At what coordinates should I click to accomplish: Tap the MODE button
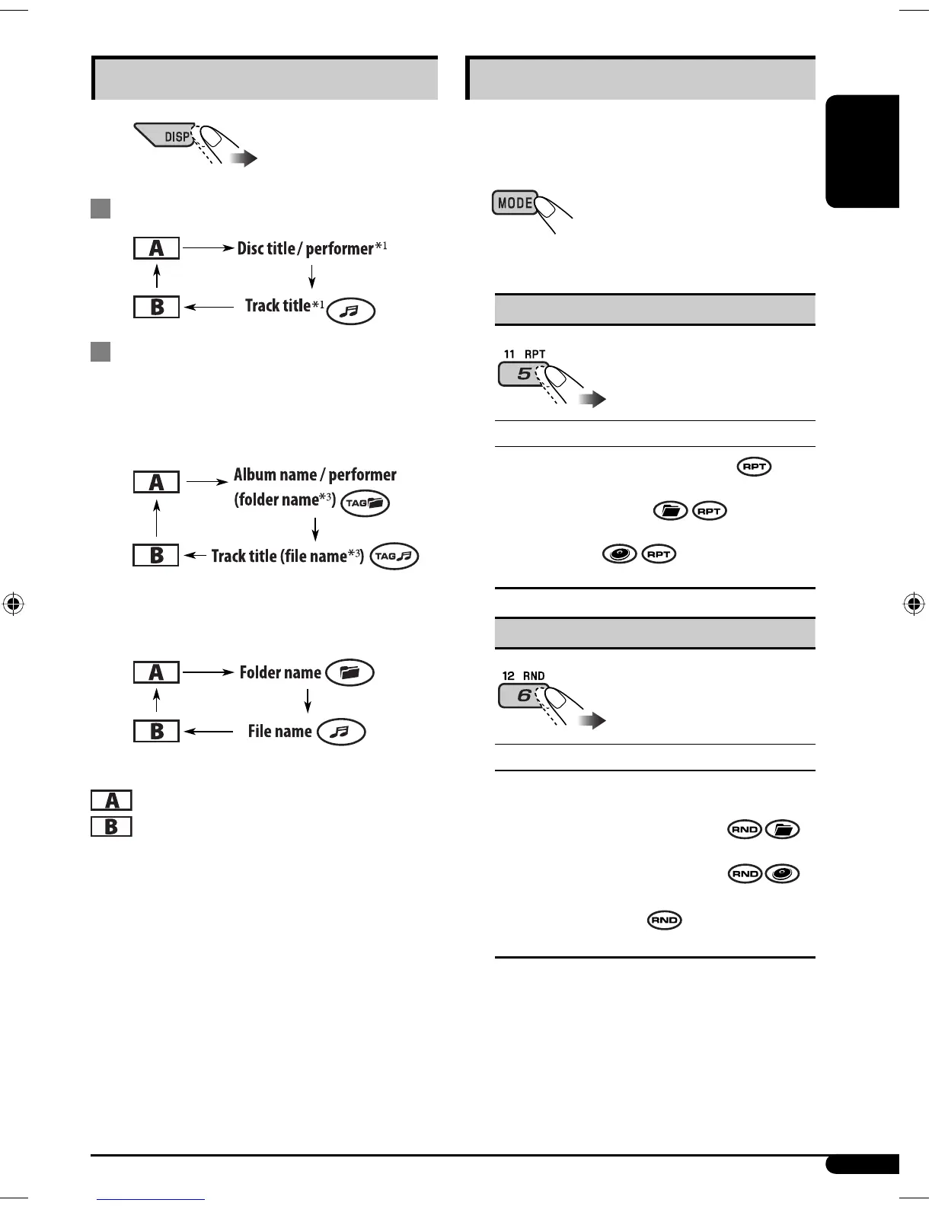[x=515, y=203]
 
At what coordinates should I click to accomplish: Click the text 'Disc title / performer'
[x=305, y=248]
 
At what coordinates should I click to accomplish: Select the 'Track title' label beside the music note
[x=277, y=306]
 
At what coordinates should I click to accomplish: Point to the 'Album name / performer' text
[x=314, y=475]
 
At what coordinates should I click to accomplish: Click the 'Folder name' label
[x=280, y=673]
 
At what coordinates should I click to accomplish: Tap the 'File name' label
[x=279, y=732]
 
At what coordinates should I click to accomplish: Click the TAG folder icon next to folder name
[x=365, y=503]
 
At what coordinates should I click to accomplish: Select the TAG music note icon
[x=394, y=557]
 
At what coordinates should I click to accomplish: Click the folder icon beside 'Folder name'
[x=349, y=672]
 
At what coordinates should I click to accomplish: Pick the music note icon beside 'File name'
[x=341, y=732]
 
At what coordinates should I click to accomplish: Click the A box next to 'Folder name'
[x=156, y=672]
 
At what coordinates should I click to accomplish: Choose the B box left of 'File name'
[x=156, y=732]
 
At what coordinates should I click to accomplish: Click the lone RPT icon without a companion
[x=754, y=467]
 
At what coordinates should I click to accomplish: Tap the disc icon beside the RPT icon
[x=619, y=554]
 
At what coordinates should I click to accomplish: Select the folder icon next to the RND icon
[x=782, y=830]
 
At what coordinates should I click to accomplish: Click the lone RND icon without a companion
[x=664, y=920]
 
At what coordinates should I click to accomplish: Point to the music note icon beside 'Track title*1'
[x=350, y=311]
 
